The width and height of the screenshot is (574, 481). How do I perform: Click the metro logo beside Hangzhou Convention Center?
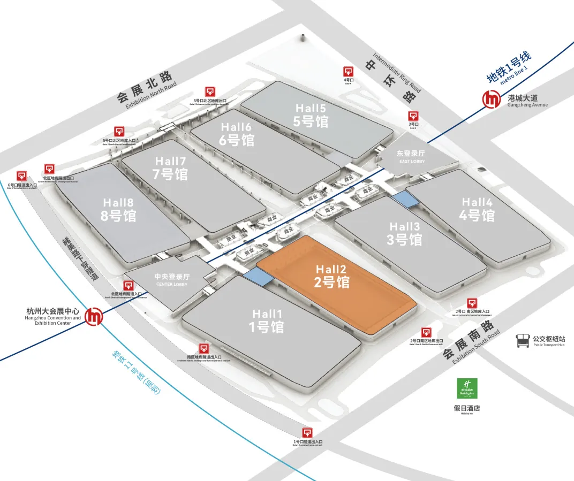(x=96, y=316)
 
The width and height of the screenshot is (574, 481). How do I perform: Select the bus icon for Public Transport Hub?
(x=522, y=341)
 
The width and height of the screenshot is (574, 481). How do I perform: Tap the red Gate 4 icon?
(x=348, y=72)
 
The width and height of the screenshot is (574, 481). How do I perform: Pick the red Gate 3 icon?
(x=413, y=116)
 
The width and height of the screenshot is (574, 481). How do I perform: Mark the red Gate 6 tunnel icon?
(x=22, y=176)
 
